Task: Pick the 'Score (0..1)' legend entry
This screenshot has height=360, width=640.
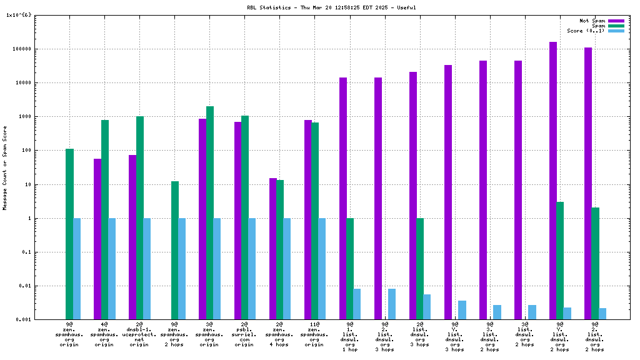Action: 586,31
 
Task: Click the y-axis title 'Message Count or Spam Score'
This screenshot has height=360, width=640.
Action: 5,167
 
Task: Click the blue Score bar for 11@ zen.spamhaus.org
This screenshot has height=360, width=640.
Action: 322,269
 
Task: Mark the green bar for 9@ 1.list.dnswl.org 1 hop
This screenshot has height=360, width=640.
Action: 350,269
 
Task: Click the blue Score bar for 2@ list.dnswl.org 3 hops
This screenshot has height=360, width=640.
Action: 427,307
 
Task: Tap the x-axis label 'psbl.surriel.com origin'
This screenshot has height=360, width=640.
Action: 244,334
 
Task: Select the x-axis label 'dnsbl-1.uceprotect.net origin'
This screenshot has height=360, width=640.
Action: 139,334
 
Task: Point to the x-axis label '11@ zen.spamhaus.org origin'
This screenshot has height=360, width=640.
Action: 314,334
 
